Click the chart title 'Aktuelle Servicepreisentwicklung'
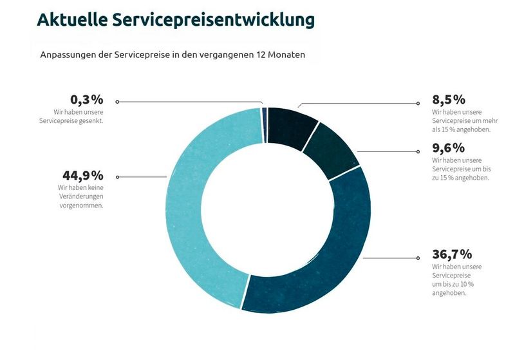[176, 20]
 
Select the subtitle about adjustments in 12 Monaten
[173, 55]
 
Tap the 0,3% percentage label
[87, 100]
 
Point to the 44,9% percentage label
[83, 175]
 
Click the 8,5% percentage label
[449, 100]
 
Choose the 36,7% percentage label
[453, 254]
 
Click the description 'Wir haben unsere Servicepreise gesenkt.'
[71, 117]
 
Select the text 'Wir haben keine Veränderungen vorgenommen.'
[80, 196]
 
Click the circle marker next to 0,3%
[117, 102]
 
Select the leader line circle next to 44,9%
[117, 176]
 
